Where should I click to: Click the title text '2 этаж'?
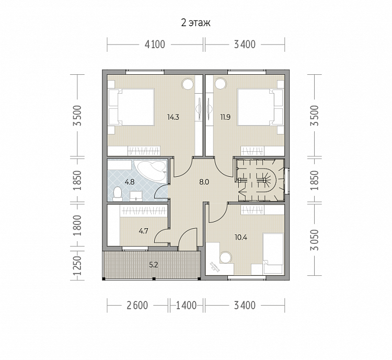tap(196, 23)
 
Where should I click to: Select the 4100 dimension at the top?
tap(155, 44)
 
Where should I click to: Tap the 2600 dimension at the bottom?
tap(137, 306)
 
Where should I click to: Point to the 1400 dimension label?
tap(186, 306)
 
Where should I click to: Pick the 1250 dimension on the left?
tap(77, 265)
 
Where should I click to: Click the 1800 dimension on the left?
tap(77, 225)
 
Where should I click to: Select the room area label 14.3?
tap(173, 117)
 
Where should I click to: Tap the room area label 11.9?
tap(225, 117)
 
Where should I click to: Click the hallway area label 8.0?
tap(204, 182)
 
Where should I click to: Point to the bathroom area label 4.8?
tap(130, 182)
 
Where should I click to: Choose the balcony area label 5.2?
tap(154, 265)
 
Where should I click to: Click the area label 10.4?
tap(241, 237)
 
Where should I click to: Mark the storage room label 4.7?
tap(144, 231)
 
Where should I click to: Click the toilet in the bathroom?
tap(117, 194)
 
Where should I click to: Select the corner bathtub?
tap(150, 170)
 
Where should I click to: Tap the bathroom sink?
tap(136, 196)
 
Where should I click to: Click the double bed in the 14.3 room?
tap(132, 107)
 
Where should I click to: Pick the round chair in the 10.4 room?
tap(226, 257)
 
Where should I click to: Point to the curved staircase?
tap(260, 180)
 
